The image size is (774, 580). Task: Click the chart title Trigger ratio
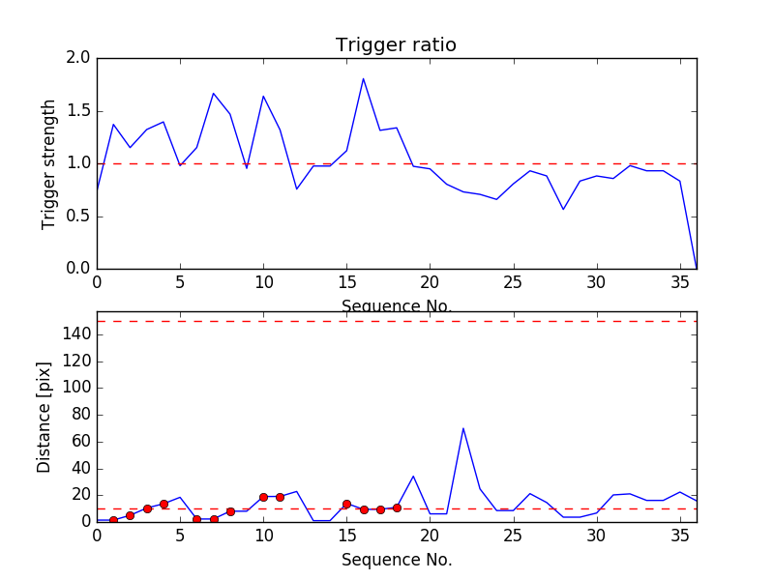point(396,45)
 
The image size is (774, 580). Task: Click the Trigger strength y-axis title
point(49,163)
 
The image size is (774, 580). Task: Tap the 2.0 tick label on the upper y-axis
point(78,58)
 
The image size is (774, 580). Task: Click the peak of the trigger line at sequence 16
point(363,78)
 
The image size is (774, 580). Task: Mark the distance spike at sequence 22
point(463,428)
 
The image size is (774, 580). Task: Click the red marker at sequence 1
point(113,520)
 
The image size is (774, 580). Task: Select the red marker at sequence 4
point(164,504)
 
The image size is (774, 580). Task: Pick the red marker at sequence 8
point(230,511)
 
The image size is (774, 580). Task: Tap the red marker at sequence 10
point(263,497)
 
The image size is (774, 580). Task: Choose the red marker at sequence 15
point(346,504)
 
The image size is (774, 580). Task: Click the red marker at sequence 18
point(397,507)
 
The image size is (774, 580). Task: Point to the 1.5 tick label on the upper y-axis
point(78,111)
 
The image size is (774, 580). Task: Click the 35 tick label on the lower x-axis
point(679,535)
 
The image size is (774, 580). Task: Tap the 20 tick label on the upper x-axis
point(430,282)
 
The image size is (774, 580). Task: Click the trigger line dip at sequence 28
point(563,209)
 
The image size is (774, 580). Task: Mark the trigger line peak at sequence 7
point(213,94)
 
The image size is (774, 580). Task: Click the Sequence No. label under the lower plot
point(397,560)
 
